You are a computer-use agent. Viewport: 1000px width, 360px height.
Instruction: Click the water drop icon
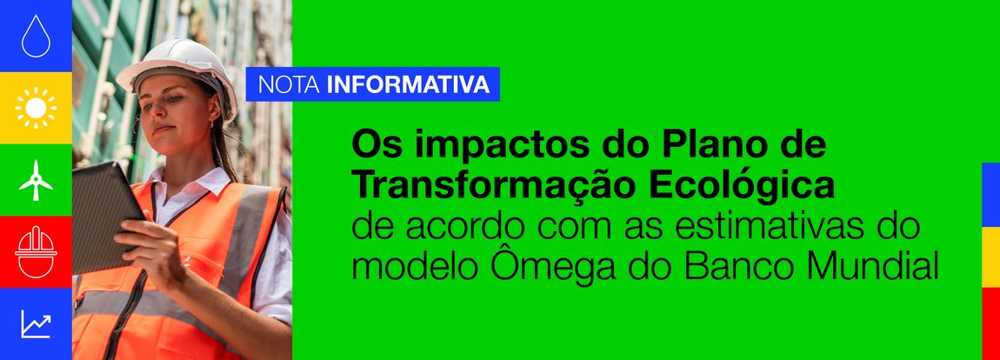click(36, 37)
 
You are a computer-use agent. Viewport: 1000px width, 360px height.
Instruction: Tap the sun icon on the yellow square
click(36, 108)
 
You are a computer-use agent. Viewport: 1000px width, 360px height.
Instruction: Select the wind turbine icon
click(36, 179)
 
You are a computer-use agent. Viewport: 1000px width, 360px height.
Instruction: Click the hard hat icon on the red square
click(36, 251)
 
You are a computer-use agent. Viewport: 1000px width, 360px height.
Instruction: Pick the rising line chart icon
click(36, 324)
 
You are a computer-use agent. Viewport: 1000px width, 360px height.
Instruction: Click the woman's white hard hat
click(179, 66)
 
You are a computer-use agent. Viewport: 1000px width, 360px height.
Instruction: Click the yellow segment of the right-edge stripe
click(990, 257)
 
